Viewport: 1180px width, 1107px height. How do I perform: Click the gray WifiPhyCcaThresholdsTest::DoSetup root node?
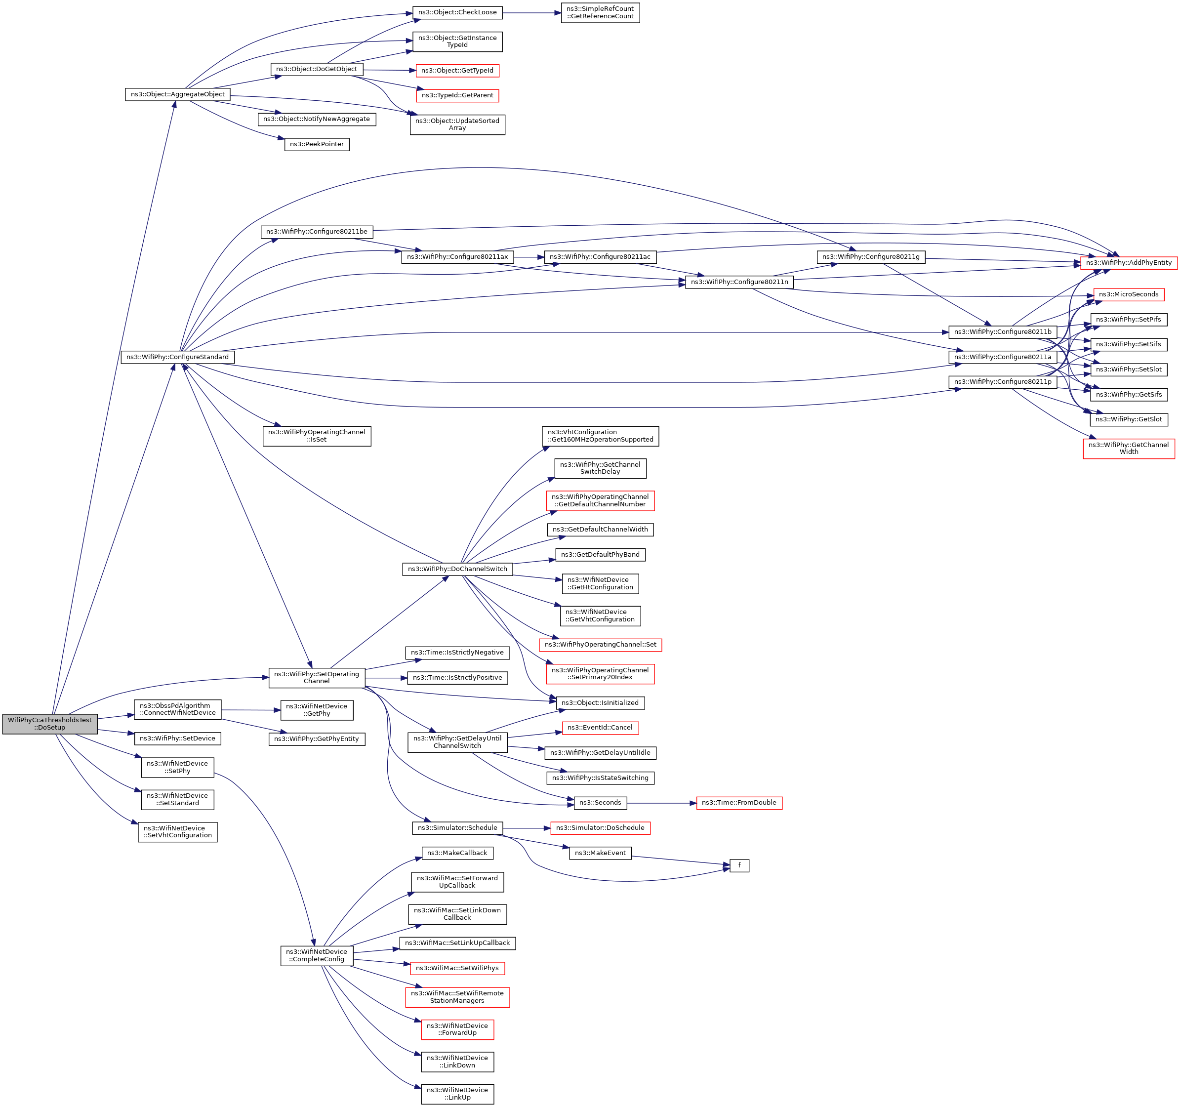tap(50, 724)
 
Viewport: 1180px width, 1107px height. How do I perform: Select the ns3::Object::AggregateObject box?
tap(177, 94)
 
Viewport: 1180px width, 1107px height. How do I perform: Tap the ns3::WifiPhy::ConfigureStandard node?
tap(177, 357)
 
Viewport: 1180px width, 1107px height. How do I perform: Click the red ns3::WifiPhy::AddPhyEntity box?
tap(1128, 263)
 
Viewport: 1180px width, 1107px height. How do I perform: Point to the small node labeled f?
tap(739, 865)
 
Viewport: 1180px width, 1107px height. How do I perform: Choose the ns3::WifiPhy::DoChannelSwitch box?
tap(457, 569)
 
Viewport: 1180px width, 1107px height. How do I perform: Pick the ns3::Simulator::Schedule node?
tap(457, 828)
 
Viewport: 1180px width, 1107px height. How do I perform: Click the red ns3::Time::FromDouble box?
tap(739, 803)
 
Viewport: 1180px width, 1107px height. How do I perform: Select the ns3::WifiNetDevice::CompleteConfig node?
tap(317, 956)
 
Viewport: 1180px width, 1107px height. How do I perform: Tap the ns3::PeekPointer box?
tap(317, 144)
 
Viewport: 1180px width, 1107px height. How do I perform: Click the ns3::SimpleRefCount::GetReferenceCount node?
tap(600, 12)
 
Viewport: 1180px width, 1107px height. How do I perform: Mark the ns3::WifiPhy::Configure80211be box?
tap(317, 232)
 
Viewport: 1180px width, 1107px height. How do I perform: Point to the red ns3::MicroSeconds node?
tap(1128, 294)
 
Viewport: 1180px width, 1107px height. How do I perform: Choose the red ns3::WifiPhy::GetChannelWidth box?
tap(1128, 449)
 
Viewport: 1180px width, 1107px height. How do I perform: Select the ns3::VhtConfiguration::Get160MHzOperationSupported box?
tap(600, 436)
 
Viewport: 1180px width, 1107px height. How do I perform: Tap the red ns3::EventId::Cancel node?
tap(600, 728)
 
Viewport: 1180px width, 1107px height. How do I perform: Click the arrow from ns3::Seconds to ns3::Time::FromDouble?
tap(662, 803)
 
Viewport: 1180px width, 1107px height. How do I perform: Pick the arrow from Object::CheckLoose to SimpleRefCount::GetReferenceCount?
tap(532, 12)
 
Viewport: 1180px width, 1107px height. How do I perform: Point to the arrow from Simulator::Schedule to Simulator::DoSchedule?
tap(527, 828)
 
